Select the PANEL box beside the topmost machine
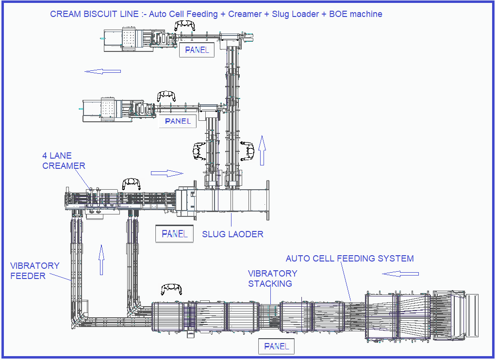[197, 50]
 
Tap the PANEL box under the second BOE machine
[178, 121]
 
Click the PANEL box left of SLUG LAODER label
[174, 234]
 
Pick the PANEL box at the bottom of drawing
[276, 346]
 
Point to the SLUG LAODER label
[232, 234]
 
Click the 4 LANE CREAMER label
[64, 161]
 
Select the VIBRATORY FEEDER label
[35, 271]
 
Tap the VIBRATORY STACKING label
[273, 278]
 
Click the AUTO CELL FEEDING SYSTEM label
[349, 259]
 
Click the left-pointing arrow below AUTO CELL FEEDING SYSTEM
[400, 274]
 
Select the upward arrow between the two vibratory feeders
[101, 260]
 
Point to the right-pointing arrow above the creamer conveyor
[167, 173]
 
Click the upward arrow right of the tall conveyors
[262, 150]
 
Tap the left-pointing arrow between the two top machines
[102, 71]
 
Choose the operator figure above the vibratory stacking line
[171, 289]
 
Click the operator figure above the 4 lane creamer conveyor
[131, 183]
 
